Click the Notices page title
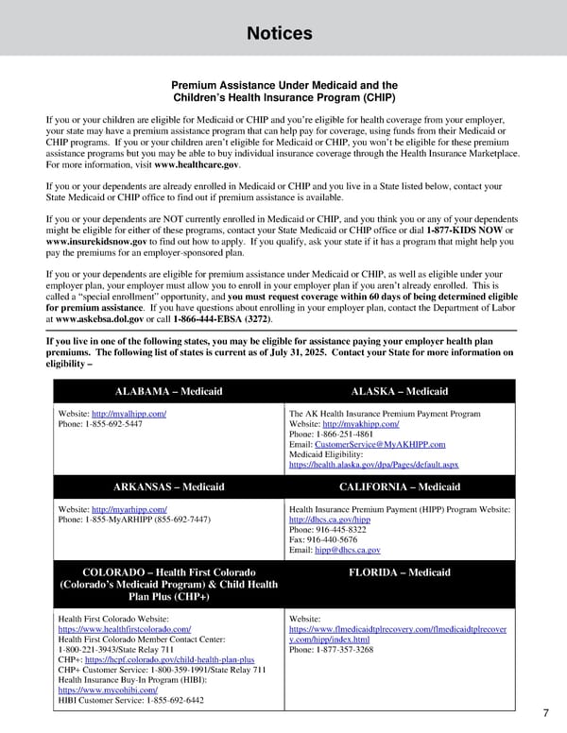[279, 34]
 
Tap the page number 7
[547, 712]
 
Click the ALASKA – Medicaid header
[400, 391]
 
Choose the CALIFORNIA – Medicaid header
[400, 486]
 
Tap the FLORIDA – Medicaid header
[400, 572]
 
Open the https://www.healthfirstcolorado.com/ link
[125, 628]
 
